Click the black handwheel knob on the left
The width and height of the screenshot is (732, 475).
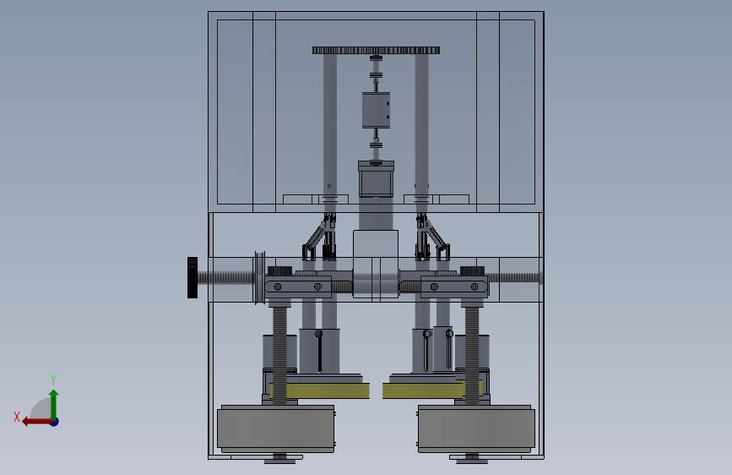tap(192, 277)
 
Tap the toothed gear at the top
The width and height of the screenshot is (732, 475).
tap(377, 51)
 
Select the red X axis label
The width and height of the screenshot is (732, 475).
tap(17, 417)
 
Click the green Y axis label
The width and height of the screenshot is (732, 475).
tap(53, 380)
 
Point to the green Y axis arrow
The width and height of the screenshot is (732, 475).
tap(54, 405)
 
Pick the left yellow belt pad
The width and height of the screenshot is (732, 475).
tap(320, 390)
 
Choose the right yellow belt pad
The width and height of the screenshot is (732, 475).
tap(431, 390)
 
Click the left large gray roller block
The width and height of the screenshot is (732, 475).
tap(276, 429)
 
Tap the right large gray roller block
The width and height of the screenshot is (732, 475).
tap(476, 429)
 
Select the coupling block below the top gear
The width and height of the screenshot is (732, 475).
tap(377, 110)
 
